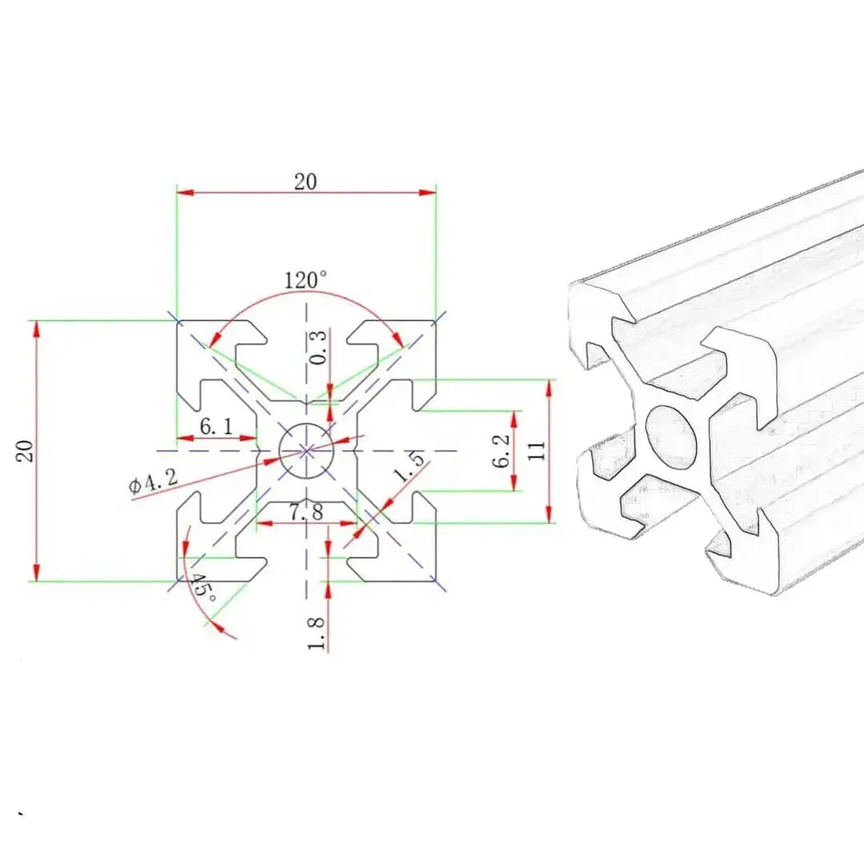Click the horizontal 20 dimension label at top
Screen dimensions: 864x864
point(305,182)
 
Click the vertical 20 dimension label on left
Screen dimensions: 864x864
point(24,450)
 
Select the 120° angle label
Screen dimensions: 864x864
point(306,280)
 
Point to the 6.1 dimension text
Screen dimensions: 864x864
point(216,426)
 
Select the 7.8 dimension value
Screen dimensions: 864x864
point(306,512)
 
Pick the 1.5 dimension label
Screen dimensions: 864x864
point(409,466)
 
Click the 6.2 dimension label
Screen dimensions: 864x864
point(501,451)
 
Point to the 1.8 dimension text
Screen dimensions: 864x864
point(317,632)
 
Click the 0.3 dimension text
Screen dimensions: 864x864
point(318,349)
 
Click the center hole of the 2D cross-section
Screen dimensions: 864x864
point(306,450)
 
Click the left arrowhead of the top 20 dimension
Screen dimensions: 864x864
point(181,192)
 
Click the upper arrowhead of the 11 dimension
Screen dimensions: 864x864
point(550,385)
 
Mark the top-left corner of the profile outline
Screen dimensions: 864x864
point(178,322)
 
